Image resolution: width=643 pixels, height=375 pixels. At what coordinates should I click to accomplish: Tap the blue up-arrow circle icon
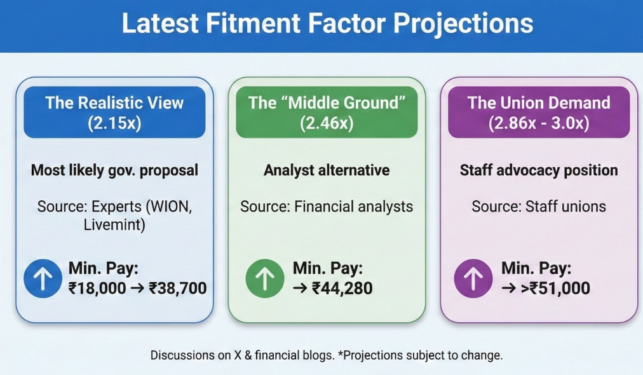(x=43, y=278)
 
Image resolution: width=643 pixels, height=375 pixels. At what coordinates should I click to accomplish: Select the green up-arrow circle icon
(x=265, y=278)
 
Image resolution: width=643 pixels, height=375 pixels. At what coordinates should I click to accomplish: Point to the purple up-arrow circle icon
(x=473, y=278)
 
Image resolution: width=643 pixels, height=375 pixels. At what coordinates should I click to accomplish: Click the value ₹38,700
(x=177, y=288)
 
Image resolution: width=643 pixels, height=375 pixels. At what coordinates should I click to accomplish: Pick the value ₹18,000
(x=97, y=288)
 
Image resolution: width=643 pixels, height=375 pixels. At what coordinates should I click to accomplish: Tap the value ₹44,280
(x=342, y=288)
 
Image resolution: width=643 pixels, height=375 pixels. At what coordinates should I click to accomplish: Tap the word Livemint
(x=114, y=225)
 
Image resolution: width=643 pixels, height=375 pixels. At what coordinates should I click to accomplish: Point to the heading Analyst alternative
(x=327, y=170)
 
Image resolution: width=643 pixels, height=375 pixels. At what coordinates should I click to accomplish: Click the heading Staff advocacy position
(x=539, y=170)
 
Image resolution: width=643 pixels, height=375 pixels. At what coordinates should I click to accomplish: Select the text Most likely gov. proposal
(x=114, y=170)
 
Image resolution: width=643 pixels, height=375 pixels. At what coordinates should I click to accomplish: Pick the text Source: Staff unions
(x=539, y=207)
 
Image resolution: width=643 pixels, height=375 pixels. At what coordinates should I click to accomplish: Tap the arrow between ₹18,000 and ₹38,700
(x=137, y=289)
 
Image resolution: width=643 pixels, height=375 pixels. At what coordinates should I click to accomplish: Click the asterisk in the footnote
(x=341, y=353)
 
